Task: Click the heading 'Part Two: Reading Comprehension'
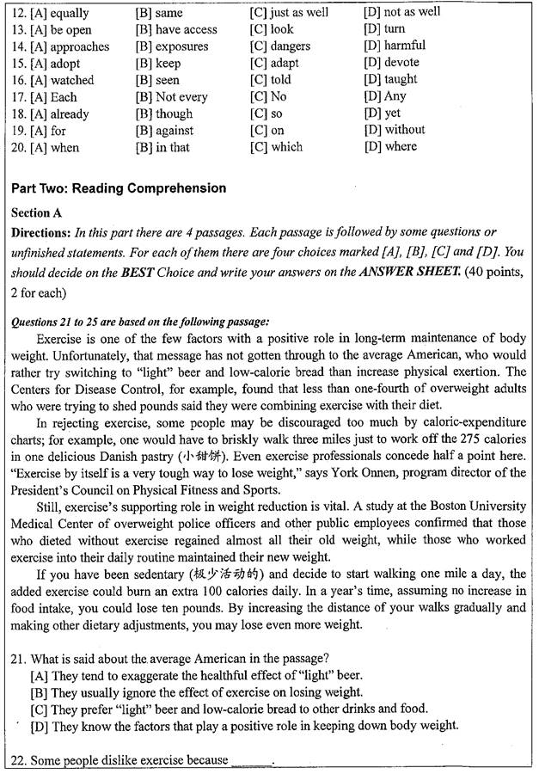(119, 188)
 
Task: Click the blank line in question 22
(251, 761)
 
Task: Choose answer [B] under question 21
(196, 692)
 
